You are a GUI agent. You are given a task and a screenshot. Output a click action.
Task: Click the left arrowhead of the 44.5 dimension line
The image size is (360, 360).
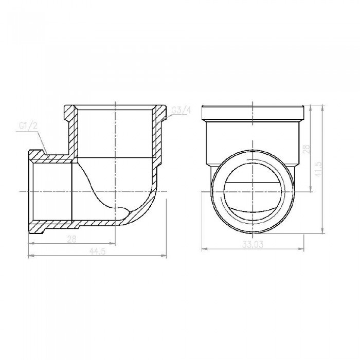(29, 255)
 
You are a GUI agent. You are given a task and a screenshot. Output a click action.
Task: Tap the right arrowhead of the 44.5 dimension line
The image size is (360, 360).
(165, 255)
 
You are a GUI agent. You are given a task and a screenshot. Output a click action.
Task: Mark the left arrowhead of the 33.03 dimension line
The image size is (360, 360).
(202, 249)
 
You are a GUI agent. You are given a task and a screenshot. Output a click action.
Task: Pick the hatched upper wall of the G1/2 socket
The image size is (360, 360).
(51, 157)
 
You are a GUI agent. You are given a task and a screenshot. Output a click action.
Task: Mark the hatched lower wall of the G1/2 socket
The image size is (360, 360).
(51, 224)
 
